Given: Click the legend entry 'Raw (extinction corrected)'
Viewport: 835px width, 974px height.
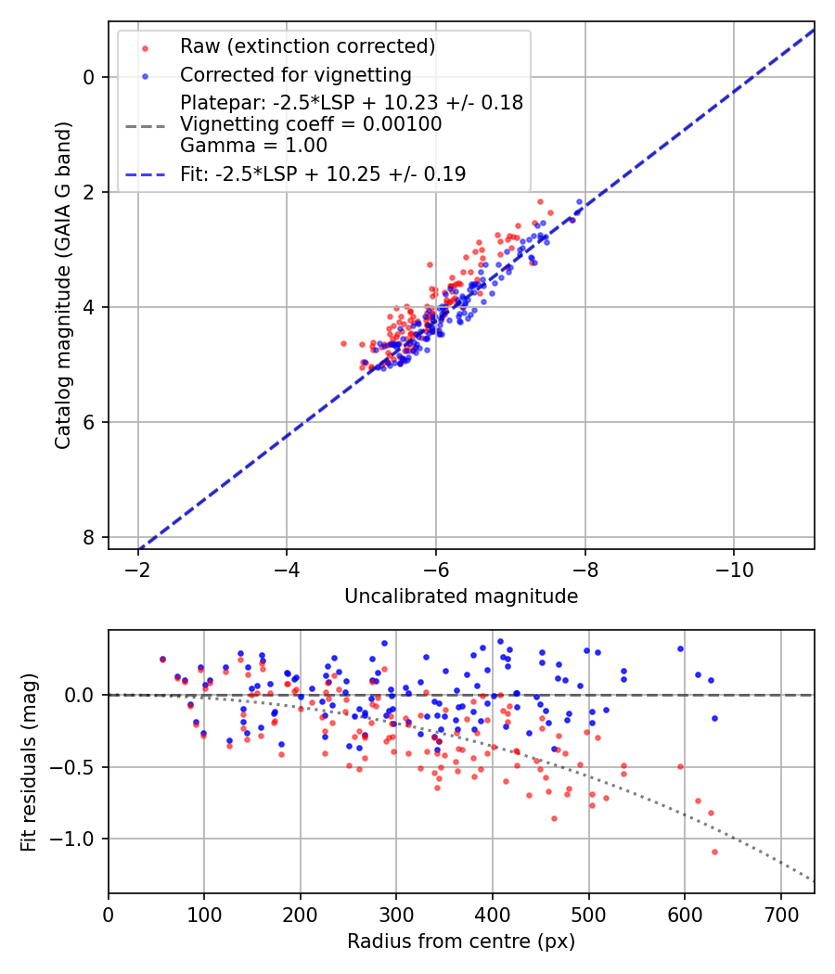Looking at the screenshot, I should coord(307,46).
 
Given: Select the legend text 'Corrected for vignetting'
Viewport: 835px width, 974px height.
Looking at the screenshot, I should coord(296,74).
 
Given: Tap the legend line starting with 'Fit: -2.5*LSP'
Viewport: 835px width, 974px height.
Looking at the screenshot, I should coord(323,173).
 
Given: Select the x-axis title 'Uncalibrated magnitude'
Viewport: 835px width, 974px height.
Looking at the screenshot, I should coord(461,596).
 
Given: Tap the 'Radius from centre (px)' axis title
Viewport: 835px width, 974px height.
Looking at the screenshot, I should coord(461,941).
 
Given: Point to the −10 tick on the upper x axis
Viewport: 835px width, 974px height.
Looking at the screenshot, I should coord(734,566).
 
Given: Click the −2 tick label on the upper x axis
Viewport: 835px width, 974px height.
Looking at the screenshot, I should coord(138,566).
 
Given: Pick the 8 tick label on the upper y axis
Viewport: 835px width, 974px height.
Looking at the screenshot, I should coord(89,537).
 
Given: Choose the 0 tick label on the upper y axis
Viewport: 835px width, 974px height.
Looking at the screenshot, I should coord(89,77).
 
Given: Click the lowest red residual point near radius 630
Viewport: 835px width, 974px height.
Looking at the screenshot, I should coord(714,852).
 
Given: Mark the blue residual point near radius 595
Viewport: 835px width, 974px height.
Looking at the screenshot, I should coord(680,648).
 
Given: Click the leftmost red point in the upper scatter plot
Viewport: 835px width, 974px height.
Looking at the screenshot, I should coord(343,343).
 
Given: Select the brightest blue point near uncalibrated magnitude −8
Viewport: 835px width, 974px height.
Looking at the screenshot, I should coord(579,201).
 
